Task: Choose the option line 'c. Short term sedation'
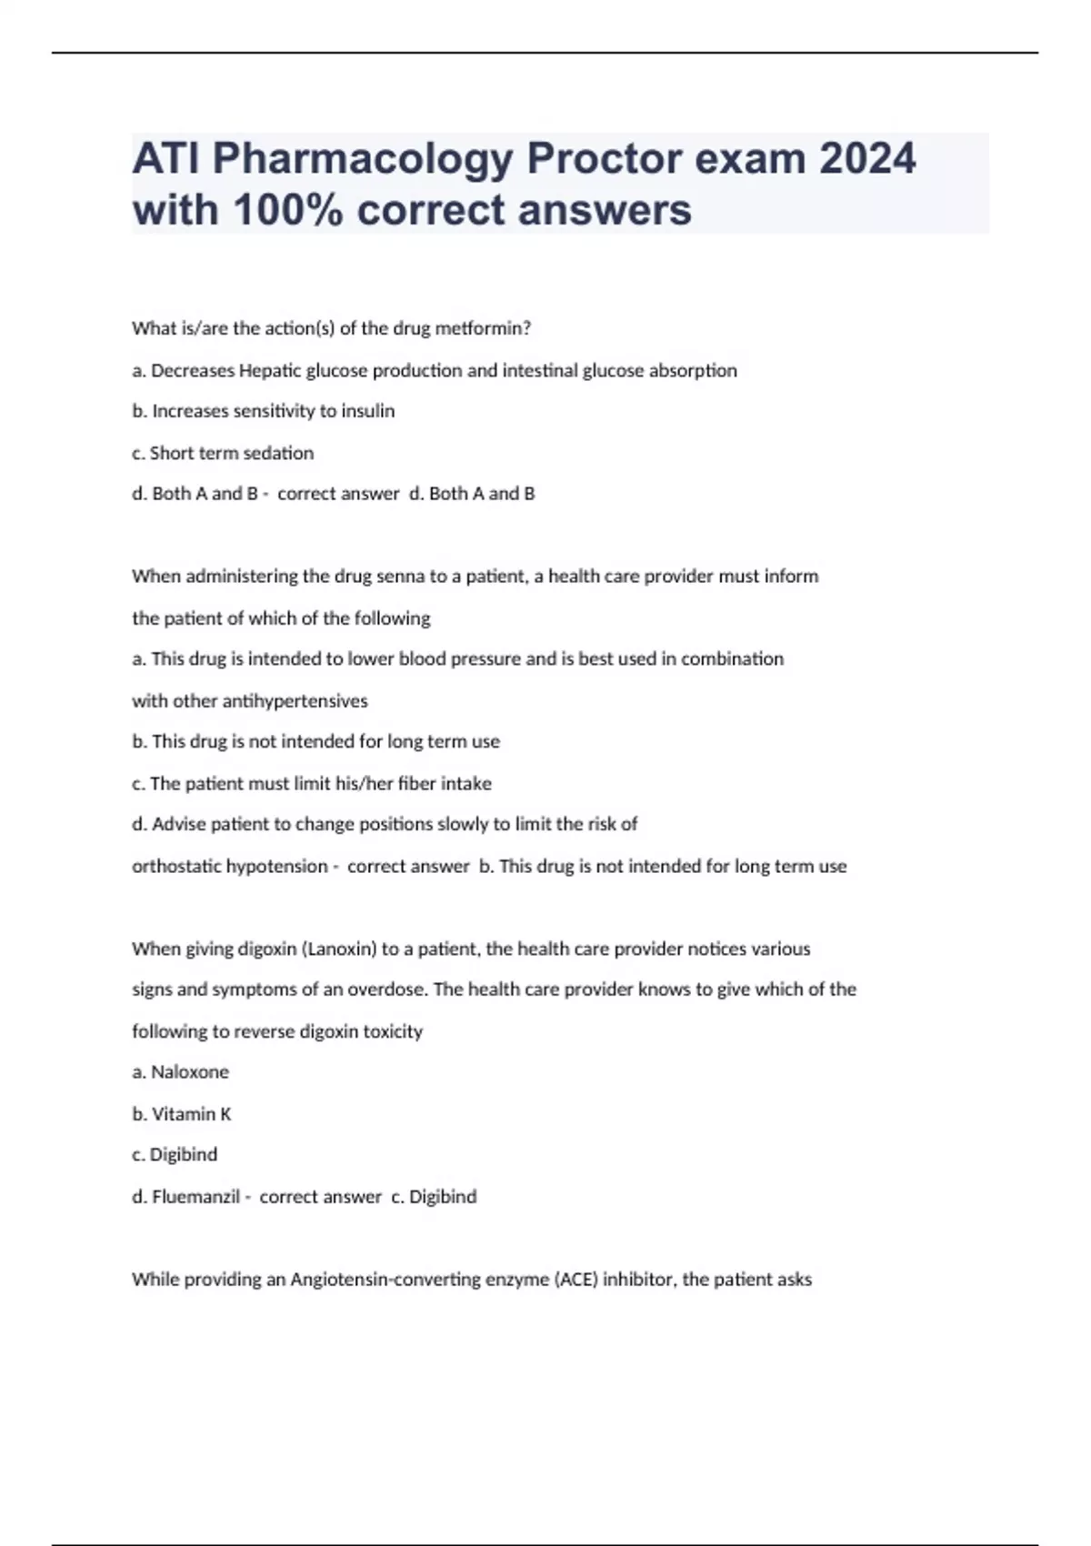click(223, 453)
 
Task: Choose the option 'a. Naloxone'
click(181, 1072)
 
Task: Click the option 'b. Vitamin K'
click(182, 1114)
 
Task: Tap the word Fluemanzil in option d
click(195, 1197)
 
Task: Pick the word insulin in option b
click(367, 411)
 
